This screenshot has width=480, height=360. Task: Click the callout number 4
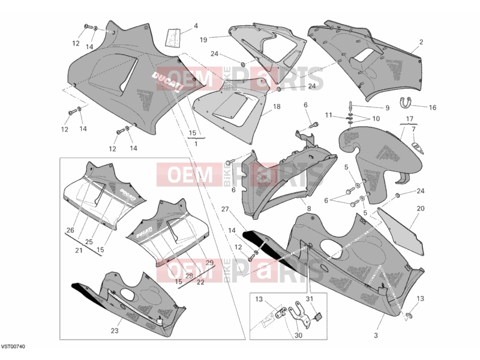[196, 26]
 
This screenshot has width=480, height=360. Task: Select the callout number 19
[203, 40]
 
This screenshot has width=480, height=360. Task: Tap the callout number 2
[421, 42]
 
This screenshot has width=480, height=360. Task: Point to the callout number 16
[433, 107]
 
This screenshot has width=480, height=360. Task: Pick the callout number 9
[387, 108]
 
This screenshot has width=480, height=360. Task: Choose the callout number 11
[328, 115]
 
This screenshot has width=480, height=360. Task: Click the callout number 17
[410, 119]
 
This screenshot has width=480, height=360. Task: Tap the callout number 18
[277, 107]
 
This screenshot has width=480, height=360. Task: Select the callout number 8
[309, 209]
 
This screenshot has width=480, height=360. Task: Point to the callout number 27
[225, 209]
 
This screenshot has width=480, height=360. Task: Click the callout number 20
[421, 208]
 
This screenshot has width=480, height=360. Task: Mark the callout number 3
[376, 335]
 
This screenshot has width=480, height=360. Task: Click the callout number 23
[114, 331]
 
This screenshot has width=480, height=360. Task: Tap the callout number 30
[298, 335]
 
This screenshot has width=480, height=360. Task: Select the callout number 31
[310, 299]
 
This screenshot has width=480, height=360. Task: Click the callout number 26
[70, 230]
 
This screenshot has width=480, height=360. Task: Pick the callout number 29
[209, 263]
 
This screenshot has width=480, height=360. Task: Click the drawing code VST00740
[13, 347]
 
